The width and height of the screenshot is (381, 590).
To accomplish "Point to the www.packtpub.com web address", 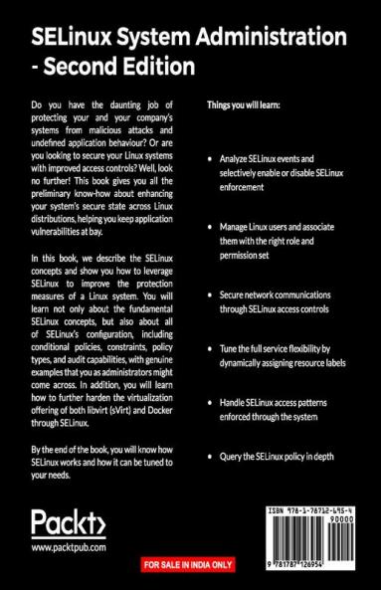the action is (69, 548).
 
